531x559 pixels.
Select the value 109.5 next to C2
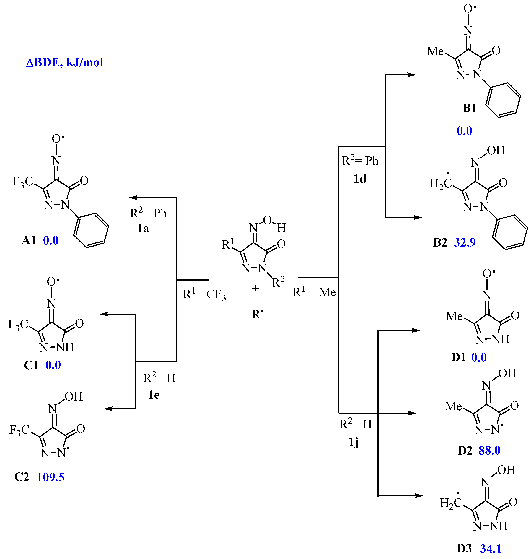point(51,477)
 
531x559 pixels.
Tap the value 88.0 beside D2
point(489,451)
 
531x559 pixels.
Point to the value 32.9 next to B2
point(465,242)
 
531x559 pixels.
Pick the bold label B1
point(469,108)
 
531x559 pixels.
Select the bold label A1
point(29,240)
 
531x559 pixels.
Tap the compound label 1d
point(360,179)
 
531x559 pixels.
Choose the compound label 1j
point(354,442)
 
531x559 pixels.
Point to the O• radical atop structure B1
point(469,9)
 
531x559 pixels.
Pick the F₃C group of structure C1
point(18,325)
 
